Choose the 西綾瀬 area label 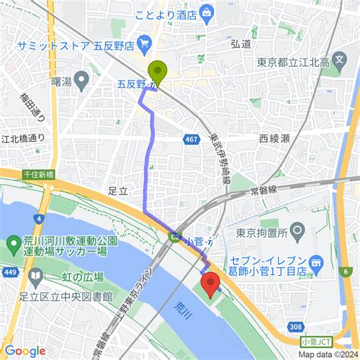coord(274,140)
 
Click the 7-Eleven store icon coord(318,262)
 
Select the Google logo coord(24,350)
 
